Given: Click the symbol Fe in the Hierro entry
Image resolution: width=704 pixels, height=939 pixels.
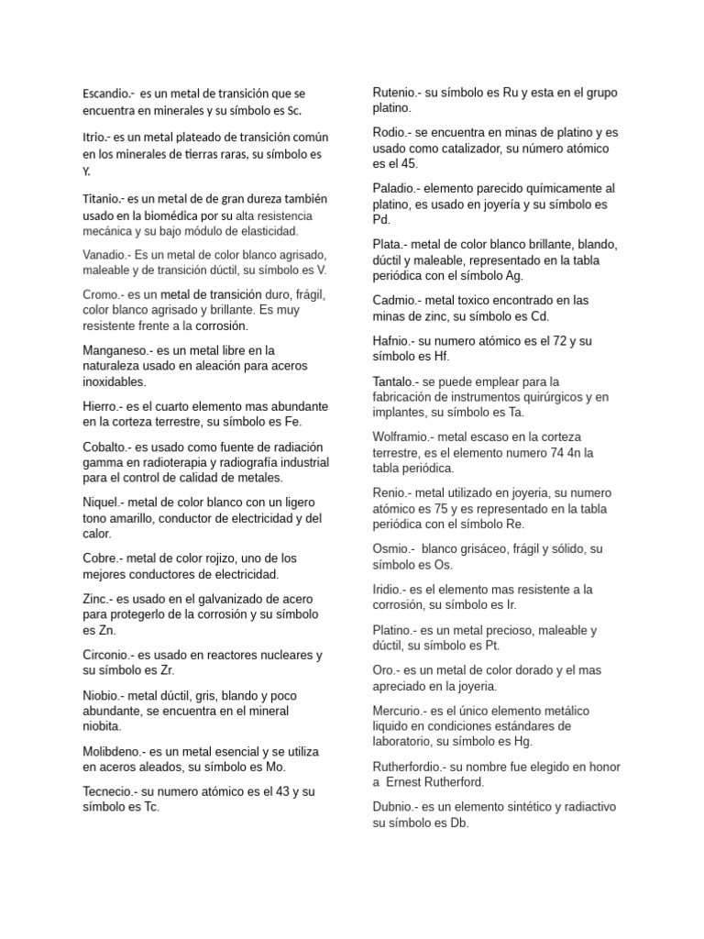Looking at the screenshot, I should click(x=291, y=422).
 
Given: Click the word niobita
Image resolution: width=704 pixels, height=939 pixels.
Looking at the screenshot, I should click(x=102, y=726).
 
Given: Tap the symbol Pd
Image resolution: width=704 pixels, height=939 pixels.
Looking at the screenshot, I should click(x=381, y=220).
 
